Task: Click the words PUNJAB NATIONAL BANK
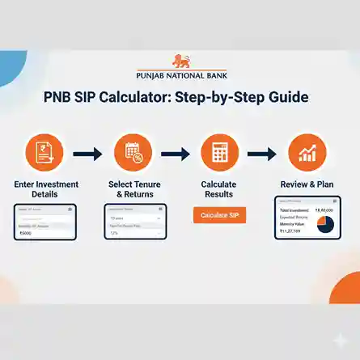tap(180, 73)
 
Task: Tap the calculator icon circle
tap(218, 152)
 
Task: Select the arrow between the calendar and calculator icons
tap(175, 153)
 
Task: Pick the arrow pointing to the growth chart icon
tap(263, 153)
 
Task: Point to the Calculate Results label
tap(218, 190)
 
